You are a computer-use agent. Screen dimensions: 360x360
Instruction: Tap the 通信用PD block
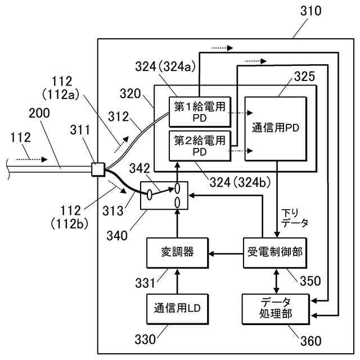pos(276,128)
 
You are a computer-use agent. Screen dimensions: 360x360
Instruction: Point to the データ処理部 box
pos(274,308)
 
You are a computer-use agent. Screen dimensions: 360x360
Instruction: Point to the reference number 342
pos(140,167)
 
